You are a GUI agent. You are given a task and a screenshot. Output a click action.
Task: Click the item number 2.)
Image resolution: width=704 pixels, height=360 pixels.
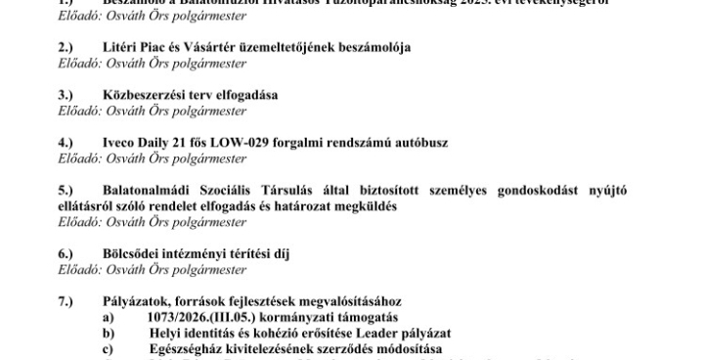(x=66, y=47)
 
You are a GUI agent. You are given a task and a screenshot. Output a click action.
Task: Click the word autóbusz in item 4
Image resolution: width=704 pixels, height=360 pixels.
(x=420, y=143)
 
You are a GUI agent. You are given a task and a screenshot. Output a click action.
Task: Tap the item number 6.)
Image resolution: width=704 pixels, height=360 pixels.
(x=66, y=253)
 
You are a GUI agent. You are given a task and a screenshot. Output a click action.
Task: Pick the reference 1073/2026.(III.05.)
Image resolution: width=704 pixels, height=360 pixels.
(x=203, y=317)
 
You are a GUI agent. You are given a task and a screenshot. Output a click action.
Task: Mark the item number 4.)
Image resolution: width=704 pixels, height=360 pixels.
(x=66, y=143)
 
